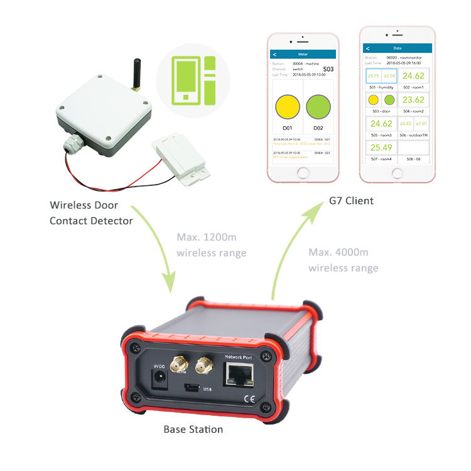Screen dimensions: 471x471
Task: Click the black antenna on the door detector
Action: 134,72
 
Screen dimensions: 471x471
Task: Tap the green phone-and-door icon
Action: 193,80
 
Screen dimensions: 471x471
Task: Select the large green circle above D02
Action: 318,107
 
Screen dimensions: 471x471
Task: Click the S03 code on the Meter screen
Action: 329,69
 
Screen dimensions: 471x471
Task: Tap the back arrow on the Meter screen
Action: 274,55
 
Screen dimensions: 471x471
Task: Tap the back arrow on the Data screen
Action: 367,48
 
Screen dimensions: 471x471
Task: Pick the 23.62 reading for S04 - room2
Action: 414,100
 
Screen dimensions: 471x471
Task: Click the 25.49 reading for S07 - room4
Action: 381,148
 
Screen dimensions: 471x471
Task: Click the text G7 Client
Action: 351,201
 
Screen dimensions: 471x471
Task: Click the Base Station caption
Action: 193,430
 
